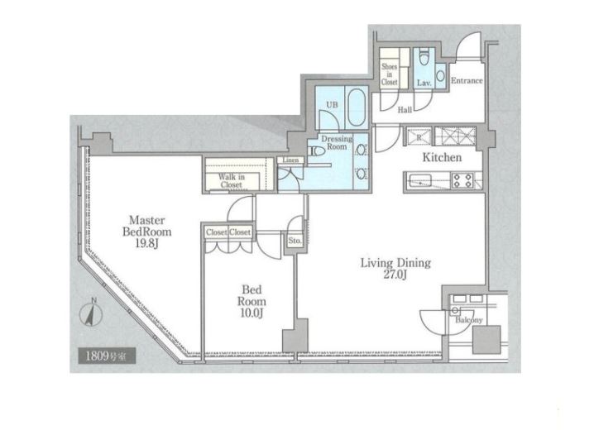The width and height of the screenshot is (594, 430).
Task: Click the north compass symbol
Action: tap(91, 313)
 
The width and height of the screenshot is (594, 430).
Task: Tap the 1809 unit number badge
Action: tap(107, 356)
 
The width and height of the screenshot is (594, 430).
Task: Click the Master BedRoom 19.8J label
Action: tap(147, 232)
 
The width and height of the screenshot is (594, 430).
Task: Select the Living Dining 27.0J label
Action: tap(395, 269)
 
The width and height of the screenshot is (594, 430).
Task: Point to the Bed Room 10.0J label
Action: tap(251, 301)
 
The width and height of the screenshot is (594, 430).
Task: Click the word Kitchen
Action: tap(442, 157)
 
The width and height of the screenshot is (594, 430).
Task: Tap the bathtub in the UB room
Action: tap(357, 107)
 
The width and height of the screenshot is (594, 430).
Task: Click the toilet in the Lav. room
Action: tap(424, 57)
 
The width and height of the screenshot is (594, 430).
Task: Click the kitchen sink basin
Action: tap(419, 180)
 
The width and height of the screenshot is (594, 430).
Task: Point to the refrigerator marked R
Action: tap(419, 136)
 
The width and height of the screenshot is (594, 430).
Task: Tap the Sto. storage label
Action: tap(295, 241)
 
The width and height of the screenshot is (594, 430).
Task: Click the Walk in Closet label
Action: tap(231, 180)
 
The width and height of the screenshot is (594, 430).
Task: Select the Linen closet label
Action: tap(290, 160)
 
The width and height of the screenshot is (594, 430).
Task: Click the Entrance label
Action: tap(467, 81)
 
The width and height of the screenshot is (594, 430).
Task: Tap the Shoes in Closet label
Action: tap(390, 74)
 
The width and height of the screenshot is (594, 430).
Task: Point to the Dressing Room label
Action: tap(337, 143)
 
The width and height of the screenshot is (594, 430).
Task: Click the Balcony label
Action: tap(469, 320)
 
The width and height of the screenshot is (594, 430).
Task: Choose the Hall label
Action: tap(405, 110)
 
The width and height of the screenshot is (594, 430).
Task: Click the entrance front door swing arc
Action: tap(464, 40)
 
